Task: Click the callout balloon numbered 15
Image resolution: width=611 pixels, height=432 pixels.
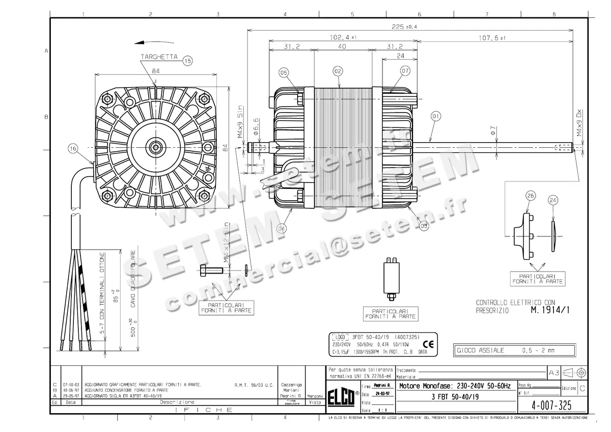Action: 187,61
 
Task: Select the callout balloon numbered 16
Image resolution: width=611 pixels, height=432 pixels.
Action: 73,149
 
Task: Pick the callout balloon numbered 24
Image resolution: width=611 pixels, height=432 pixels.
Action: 553,200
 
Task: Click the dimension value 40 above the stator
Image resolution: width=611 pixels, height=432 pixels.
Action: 342,47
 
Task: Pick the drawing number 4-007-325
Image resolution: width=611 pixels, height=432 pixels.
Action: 546,406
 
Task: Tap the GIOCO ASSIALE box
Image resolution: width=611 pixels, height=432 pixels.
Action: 514,350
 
